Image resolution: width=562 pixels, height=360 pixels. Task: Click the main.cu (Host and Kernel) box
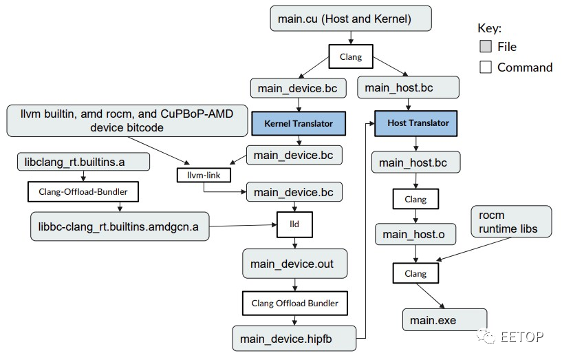tap(351, 19)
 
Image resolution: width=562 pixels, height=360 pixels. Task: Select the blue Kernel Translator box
tap(297, 124)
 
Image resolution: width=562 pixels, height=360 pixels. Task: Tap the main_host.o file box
tap(414, 234)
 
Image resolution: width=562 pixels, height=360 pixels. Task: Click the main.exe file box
tap(443, 320)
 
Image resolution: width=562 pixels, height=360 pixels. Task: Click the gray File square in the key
tap(485, 47)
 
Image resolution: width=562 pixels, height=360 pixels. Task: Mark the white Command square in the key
tap(485, 67)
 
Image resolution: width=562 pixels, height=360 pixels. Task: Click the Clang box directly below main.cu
tap(351, 57)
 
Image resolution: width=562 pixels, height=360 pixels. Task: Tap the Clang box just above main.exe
tap(415, 273)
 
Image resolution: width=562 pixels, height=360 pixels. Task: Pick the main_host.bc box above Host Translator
tap(409, 87)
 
